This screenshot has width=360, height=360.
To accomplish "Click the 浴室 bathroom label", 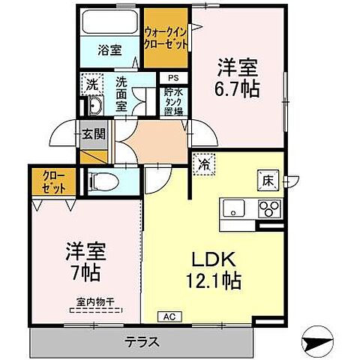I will (x=109, y=51).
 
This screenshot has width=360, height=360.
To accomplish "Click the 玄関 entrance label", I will (x=94, y=134).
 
